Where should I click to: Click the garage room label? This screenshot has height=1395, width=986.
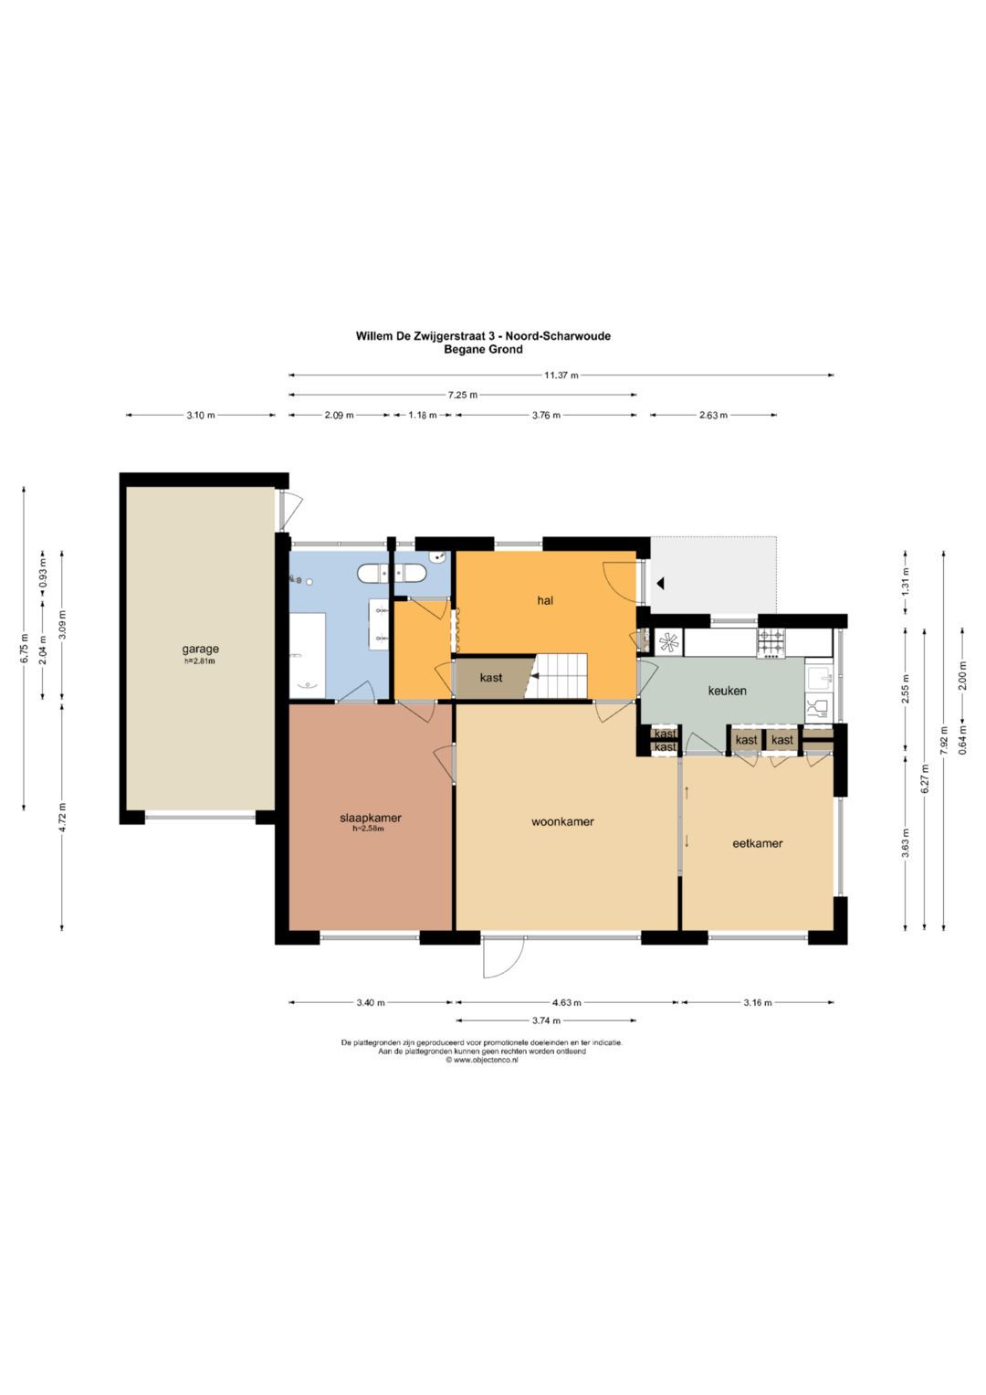[x=200, y=649]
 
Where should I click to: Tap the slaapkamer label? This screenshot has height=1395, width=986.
[x=370, y=818]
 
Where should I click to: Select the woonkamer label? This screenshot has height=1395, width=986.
[x=562, y=821]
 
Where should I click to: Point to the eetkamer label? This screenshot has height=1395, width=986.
[x=757, y=843]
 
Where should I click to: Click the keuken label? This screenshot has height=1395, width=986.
[x=727, y=691]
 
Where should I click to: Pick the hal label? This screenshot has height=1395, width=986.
[x=545, y=600]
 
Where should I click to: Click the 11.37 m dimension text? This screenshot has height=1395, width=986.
[x=561, y=375]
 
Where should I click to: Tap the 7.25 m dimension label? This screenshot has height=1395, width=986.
[x=463, y=395]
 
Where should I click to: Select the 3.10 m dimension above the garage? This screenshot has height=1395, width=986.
[x=201, y=416]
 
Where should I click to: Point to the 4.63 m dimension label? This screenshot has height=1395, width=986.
[x=566, y=1003]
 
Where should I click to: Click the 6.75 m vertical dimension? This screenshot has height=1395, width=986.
[x=25, y=649]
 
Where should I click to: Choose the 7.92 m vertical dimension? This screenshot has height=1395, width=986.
[x=944, y=740]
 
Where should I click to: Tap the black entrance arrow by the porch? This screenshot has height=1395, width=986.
[x=660, y=584]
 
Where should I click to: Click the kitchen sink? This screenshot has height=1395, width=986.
[x=819, y=676]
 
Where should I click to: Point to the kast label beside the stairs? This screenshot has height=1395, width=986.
[x=491, y=678]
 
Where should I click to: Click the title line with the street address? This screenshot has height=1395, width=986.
[x=483, y=336]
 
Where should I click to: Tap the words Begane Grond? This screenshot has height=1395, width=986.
[x=483, y=349]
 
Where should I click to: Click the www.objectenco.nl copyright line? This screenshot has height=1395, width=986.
[x=482, y=1061]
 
